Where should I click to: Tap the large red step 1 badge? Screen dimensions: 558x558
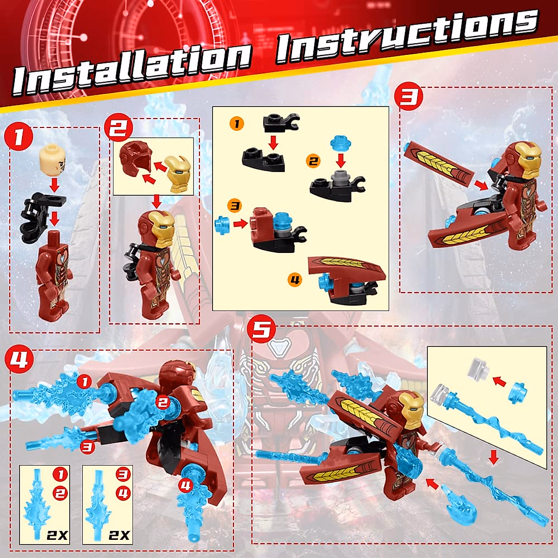(x=18, y=137)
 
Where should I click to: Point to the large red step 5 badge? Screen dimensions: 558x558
(x=261, y=329)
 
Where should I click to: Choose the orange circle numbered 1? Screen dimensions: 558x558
(x=237, y=124)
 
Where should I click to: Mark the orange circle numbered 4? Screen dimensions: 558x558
(x=295, y=279)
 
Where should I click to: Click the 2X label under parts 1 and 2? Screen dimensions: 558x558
(x=57, y=535)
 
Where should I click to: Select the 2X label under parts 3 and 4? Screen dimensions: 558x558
(x=119, y=535)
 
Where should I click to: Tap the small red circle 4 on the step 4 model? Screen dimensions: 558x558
(x=186, y=486)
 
